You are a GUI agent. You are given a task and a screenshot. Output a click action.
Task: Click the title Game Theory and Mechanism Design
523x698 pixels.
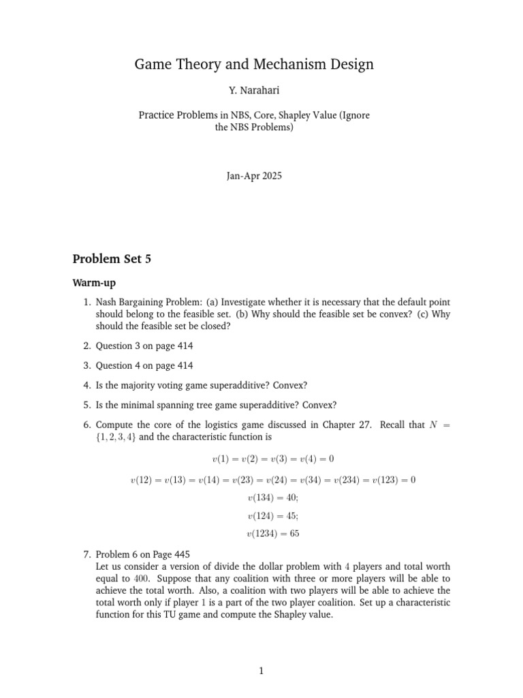coord(254,65)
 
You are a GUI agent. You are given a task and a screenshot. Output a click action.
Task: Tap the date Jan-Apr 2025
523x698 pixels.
coord(254,176)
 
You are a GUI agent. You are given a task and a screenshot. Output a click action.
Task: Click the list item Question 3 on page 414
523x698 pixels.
coord(144,346)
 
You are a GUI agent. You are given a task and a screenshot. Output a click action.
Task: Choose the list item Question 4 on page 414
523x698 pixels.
coord(144,366)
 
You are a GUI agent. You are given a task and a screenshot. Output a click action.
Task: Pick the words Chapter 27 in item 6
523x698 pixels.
coord(346,425)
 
